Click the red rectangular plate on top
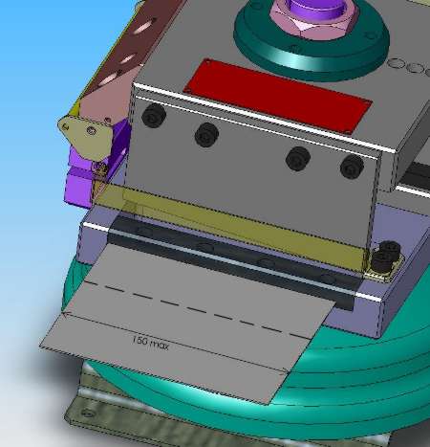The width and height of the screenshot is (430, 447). click(x=277, y=96)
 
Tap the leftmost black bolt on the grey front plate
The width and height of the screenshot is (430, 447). click(x=154, y=115)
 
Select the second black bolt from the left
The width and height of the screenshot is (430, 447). click(x=206, y=135)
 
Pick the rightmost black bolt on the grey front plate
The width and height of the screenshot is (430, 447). click(x=352, y=167)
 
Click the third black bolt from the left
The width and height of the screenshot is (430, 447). click(x=298, y=159)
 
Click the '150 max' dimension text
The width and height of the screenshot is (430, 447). click(x=150, y=343)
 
